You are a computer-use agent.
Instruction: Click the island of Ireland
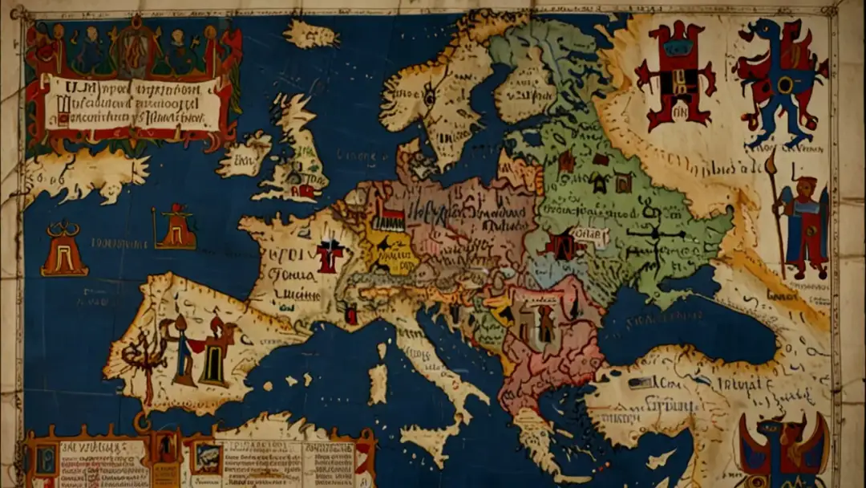coord(245,155)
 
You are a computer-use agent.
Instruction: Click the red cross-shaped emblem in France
coord(329,254)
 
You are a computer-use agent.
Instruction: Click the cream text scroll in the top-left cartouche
coord(132,103)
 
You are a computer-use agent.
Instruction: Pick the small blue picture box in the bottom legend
coord(205,458)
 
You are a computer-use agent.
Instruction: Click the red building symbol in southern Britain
coord(306,191)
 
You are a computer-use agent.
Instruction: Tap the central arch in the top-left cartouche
coord(133,48)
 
